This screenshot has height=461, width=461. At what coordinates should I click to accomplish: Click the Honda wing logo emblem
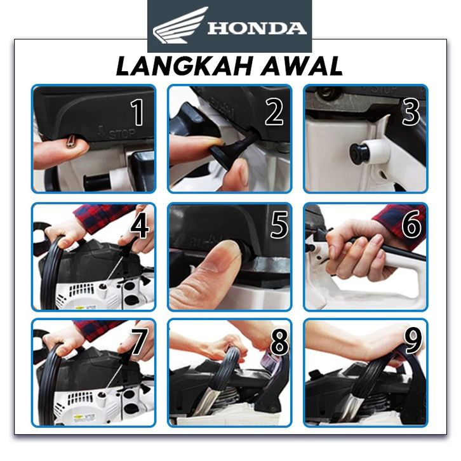click(180, 25)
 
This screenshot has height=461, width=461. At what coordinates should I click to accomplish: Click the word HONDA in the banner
click(257, 29)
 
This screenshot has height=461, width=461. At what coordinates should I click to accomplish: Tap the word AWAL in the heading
click(302, 67)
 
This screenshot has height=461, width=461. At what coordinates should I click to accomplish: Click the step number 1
click(138, 112)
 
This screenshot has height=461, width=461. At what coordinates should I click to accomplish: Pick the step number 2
click(274, 112)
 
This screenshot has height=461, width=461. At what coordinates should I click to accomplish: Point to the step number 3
click(411, 112)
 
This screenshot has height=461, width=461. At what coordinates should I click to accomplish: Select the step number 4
click(139, 227)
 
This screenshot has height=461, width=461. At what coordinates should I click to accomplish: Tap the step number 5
click(279, 225)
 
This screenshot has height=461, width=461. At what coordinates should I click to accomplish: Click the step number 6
click(412, 225)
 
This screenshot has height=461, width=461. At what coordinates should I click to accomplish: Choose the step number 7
click(139, 341)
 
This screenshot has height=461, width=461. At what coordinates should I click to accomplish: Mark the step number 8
click(279, 341)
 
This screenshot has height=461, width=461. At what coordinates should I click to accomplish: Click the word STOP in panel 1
click(123, 134)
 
